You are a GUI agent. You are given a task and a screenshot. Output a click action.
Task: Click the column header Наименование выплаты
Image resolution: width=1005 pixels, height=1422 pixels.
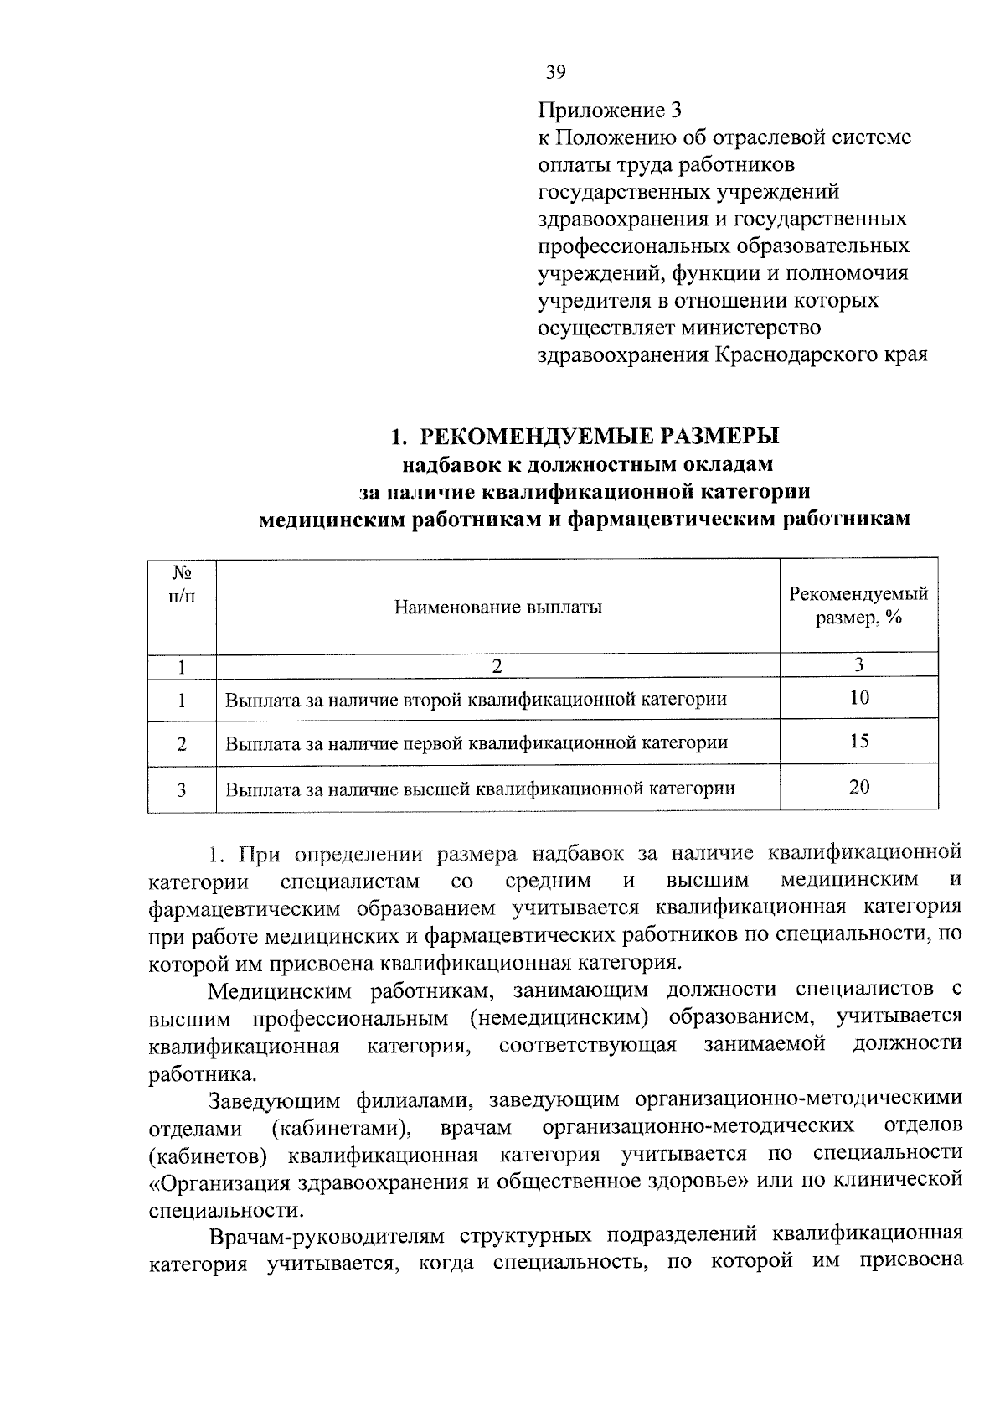point(498,608)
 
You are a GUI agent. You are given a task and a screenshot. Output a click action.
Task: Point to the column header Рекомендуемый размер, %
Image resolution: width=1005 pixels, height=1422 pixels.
point(858,606)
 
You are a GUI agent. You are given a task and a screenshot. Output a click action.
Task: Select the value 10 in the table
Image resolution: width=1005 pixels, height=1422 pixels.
point(859,698)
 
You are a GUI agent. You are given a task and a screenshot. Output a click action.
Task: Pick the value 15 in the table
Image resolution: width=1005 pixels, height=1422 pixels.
point(859,742)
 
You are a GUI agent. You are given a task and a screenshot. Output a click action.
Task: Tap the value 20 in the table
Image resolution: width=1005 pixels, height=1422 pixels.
point(859,787)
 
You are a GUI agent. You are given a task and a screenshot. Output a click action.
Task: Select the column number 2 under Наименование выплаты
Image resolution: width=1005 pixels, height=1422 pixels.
point(498,666)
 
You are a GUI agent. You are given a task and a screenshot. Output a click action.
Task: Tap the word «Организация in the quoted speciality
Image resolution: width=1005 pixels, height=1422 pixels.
point(213,1182)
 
